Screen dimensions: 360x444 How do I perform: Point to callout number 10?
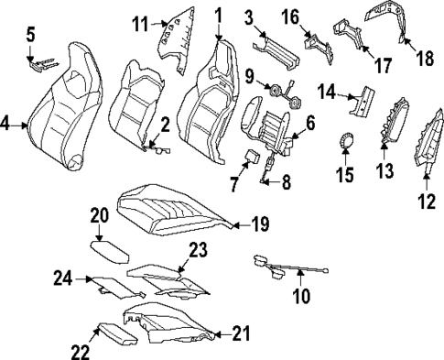(300, 296)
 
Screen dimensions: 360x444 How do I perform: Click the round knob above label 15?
(347, 140)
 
